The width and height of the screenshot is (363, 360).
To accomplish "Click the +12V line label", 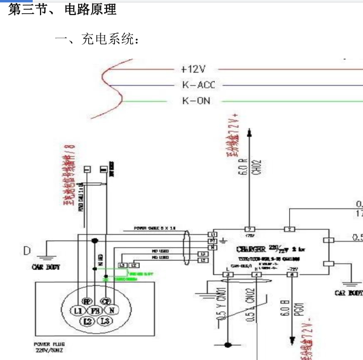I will click(x=193, y=70).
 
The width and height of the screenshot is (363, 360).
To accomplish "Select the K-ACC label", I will click(x=198, y=85).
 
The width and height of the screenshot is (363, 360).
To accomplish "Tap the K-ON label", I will click(x=196, y=100).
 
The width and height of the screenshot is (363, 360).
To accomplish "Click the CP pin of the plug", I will click(x=105, y=301).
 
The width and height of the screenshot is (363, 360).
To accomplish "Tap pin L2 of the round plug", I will click(x=88, y=321).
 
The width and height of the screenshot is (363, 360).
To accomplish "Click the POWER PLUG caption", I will click(x=47, y=344).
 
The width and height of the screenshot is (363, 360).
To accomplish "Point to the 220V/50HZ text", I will click(x=48, y=350).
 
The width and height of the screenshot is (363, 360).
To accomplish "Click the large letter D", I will click(x=26, y=250).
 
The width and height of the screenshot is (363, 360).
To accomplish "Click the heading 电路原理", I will click(x=90, y=10).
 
